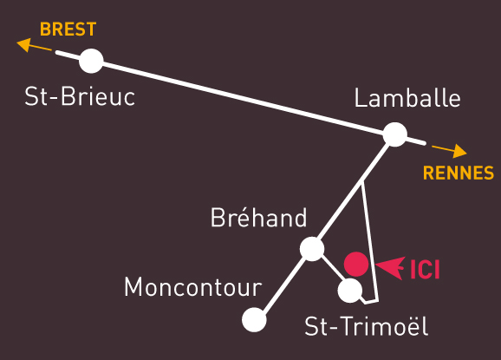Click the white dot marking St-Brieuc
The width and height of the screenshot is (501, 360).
tap(91, 61)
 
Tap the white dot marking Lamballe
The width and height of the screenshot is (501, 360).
tap(395, 134)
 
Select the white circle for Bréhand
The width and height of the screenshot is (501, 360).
tap(312, 249)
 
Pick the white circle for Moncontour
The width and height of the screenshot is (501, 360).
tap(254, 320)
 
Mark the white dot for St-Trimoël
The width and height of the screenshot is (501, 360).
tap(350, 291)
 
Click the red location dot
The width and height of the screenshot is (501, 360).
tap(356, 264)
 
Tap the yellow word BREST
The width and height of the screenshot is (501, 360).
tap(68, 29)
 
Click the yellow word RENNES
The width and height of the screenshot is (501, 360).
tap(459, 173)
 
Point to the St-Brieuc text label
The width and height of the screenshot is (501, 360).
tap(80, 96)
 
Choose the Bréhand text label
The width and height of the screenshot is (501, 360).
tap(258, 217)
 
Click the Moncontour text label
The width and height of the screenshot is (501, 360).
tap(192, 287)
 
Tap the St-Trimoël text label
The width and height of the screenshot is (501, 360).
tap(366, 325)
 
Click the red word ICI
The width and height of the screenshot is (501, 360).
tap(425, 270)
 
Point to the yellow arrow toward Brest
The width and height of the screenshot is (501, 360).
tap(34, 45)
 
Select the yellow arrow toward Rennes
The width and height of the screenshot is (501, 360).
tap(449, 151)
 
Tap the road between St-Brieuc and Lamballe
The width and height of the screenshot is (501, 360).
tap(244, 98)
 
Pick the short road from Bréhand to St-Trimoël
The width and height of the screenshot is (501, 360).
tap(331, 270)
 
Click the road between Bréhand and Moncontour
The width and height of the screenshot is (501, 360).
tap(283, 285)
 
